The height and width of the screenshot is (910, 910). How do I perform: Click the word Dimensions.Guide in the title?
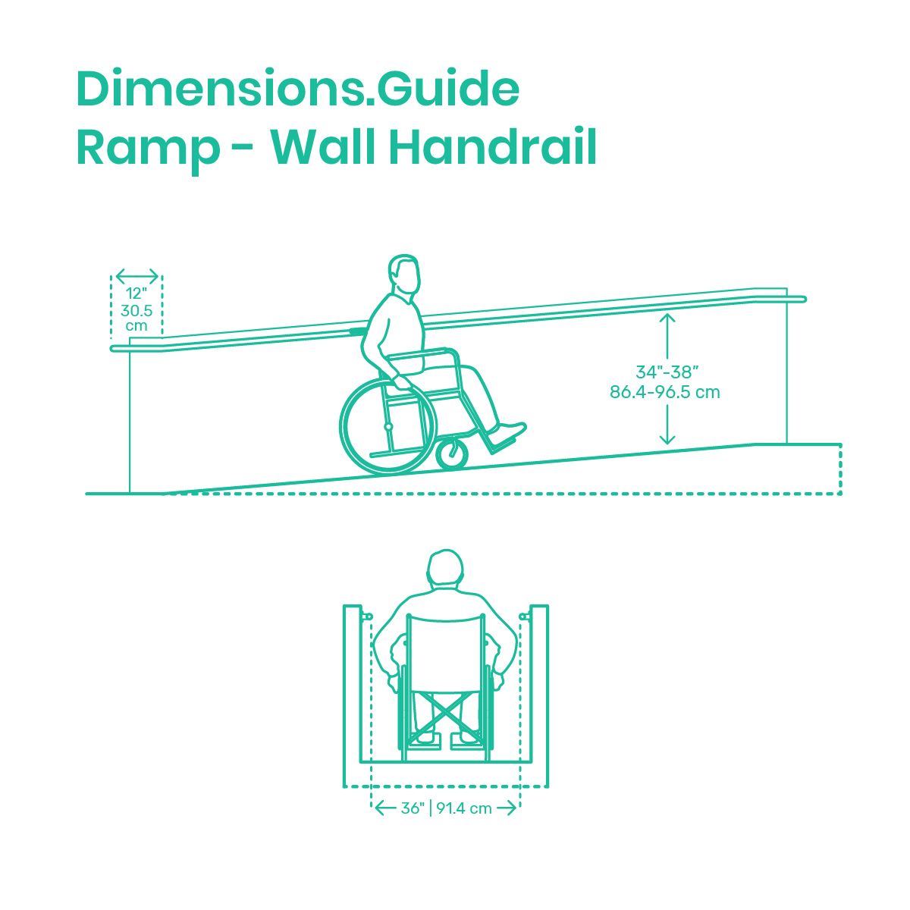tap(297, 89)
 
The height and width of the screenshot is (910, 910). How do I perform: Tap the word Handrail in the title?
tap(493, 146)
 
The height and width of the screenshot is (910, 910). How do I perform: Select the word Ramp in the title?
tap(149, 152)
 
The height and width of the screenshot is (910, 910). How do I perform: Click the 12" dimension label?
tap(136, 293)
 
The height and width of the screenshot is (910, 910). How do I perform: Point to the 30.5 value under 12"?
tap(136, 311)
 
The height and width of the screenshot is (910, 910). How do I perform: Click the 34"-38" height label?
tap(667, 372)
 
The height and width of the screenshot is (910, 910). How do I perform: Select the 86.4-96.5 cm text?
tap(664, 392)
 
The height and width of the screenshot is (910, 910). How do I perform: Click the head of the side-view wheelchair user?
tap(403, 274)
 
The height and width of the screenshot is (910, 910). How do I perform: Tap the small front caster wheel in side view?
tap(452, 453)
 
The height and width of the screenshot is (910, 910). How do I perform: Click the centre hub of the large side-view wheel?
tap(388, 427)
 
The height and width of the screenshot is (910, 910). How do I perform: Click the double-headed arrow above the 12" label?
tap(137, 275)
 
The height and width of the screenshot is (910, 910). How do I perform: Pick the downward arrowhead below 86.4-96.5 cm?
tap(667, 439)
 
